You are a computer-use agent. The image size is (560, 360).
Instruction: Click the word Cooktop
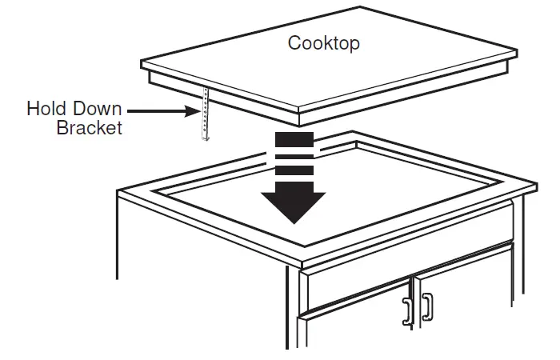(x=323, y=42)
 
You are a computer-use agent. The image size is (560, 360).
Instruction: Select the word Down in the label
(x=97, y=109)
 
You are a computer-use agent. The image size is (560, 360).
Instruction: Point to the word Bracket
(x=89, y=128)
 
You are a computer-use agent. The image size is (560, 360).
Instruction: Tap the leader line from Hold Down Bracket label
(x=163, y=110)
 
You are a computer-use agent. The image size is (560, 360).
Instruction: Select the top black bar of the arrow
(x=297, y=141)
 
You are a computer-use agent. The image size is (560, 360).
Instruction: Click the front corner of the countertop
(x=298, y=260)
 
